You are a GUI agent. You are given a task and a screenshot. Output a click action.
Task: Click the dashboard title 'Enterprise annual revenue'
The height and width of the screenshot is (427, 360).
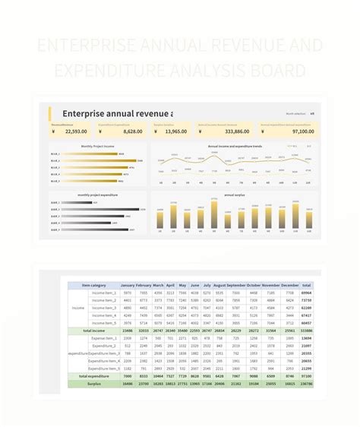pos(117,114)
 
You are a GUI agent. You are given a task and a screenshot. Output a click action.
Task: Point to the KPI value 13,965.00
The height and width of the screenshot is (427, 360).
pos(175,131)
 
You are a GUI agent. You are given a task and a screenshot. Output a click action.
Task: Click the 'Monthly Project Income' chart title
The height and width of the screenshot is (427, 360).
pos(98,146)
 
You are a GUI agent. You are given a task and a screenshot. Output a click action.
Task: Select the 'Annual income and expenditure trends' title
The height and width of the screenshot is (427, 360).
pos(235,146)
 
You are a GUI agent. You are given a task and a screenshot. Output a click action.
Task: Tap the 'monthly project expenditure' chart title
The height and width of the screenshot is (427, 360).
pos(98,195)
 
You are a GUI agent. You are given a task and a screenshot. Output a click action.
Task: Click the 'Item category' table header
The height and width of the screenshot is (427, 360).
pos(101,286)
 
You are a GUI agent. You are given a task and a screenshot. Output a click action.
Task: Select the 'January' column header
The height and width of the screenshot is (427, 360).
pos(127,286)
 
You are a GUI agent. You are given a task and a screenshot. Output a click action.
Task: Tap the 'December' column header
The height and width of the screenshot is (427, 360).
pos(289,286)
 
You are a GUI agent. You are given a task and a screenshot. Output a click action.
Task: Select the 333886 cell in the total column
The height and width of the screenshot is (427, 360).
pos(306,331)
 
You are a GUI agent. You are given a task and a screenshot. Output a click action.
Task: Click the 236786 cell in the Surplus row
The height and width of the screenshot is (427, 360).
pos(306,384)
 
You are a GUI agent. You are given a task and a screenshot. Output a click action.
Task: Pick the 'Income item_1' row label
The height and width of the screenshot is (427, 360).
pos(103,293)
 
